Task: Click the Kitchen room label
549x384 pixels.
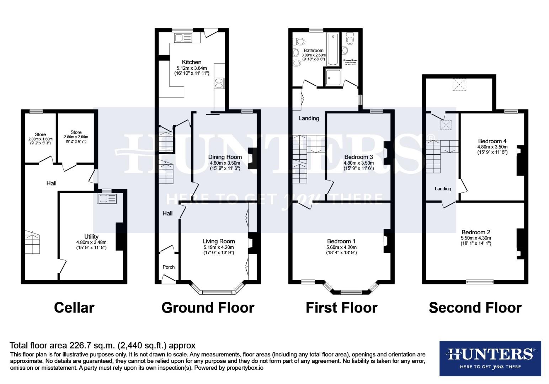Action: tap(192, 62)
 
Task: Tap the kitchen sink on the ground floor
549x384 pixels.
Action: tap(183, 38)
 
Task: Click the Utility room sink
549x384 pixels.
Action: tap(107, 198)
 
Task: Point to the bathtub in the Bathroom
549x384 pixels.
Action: tap(334, 49)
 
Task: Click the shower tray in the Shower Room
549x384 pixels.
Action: tap(332, 78)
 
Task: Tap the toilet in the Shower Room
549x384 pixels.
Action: tap(350, 39)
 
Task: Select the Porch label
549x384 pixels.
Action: tap(169, 267)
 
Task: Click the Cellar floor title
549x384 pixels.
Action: tap(74, 308)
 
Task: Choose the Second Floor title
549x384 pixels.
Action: tap(475, 308)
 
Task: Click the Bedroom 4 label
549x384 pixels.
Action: tap(492, 141)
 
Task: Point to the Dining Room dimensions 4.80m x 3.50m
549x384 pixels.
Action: tap(225, 163)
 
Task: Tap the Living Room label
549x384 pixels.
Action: tap(218, 241)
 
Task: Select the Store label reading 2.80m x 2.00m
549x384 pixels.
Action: tap(76, 137)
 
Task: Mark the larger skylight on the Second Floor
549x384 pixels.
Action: tap(459, 85)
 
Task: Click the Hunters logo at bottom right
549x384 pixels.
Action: tap(490, 358)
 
